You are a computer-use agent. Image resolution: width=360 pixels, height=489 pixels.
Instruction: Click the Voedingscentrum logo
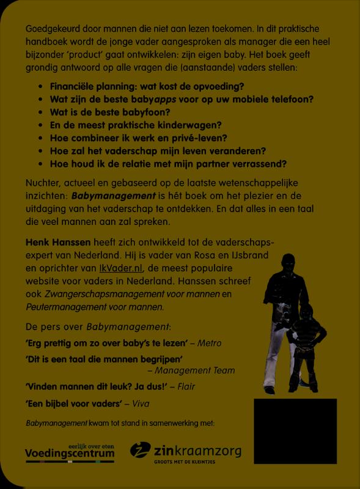pyautogui.click(x=69, y=453)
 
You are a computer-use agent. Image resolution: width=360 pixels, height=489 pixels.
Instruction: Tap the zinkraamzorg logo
pyautogui.click(x=186, y=453)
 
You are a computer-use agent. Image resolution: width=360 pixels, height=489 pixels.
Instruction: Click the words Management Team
pyautogui.click(x=194, y=370)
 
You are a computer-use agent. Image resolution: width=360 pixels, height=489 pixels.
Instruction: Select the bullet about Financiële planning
pyautogui.click(x=147, y=86)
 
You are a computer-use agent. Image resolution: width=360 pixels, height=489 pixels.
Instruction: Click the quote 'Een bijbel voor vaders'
pyautogui.click(x=73, y=404)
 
